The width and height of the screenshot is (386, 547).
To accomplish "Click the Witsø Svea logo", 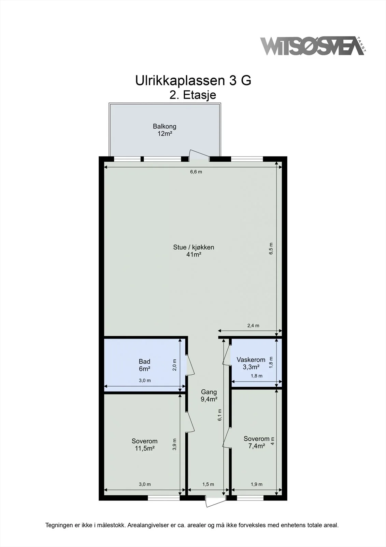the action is point(313,46).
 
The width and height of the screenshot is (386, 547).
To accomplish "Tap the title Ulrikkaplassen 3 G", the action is point(193,81).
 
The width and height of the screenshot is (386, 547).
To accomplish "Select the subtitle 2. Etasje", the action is point(192,95).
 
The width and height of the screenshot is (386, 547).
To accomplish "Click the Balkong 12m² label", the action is point(165,130).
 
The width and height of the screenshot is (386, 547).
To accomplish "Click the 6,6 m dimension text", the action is point(196,172).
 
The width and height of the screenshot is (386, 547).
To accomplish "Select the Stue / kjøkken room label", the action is point(194,251).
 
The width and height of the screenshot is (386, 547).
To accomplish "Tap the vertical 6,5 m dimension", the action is point(271,248).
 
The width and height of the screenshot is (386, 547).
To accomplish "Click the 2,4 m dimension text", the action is point(253,325).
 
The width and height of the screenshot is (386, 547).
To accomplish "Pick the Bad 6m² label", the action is point(145,365).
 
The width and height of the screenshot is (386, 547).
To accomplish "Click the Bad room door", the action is point(190,365).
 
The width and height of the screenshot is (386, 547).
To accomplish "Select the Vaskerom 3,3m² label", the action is point(251,363).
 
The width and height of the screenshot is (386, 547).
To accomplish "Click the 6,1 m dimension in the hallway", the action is point(220,415).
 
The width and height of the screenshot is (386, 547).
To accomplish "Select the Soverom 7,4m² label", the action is point(256,442).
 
